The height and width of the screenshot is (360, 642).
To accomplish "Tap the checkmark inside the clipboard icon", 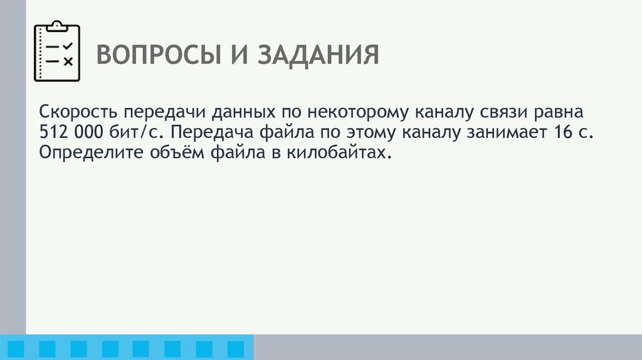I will point(68,46).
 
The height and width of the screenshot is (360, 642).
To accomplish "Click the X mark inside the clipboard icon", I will point(68,61).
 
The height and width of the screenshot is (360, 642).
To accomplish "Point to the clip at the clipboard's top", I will point(57,26).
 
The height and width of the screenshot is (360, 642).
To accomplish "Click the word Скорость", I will point(78,113).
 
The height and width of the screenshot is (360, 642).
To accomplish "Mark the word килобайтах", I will point(344,153).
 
